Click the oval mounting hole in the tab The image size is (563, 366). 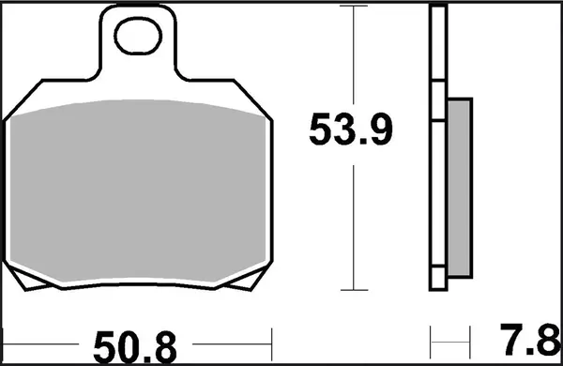139,39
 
